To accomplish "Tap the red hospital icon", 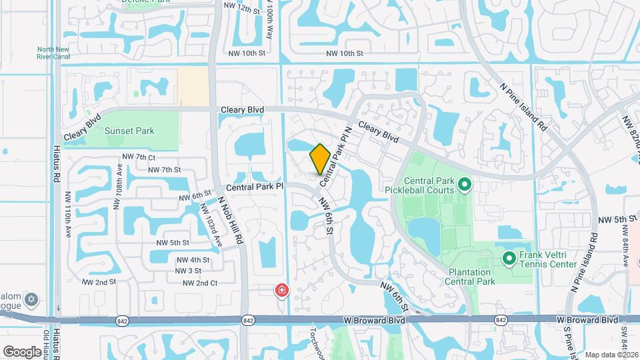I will click(282, 290).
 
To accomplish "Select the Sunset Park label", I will click(129, 131).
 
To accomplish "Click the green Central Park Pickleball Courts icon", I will click(465, 183).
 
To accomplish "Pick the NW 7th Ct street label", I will click(139, 157).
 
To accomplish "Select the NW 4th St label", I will click(193, 259).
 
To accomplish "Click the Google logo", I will click(22, 351).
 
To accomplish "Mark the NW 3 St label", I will click(189, 271).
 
